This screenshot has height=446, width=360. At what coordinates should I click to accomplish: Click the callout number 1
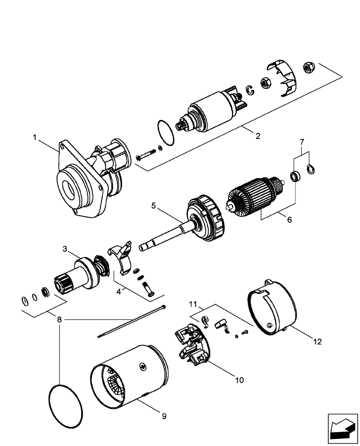(35, 138)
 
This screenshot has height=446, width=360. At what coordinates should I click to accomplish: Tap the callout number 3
(65, 249)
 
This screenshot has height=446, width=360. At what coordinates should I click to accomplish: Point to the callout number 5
(153, 206)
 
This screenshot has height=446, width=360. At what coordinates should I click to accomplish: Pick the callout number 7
(302, 142)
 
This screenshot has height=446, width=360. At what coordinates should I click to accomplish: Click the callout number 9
(164, 416)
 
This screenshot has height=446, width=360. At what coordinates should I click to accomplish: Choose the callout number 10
(239, 380)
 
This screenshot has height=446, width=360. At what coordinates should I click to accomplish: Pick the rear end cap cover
(272, 308)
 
